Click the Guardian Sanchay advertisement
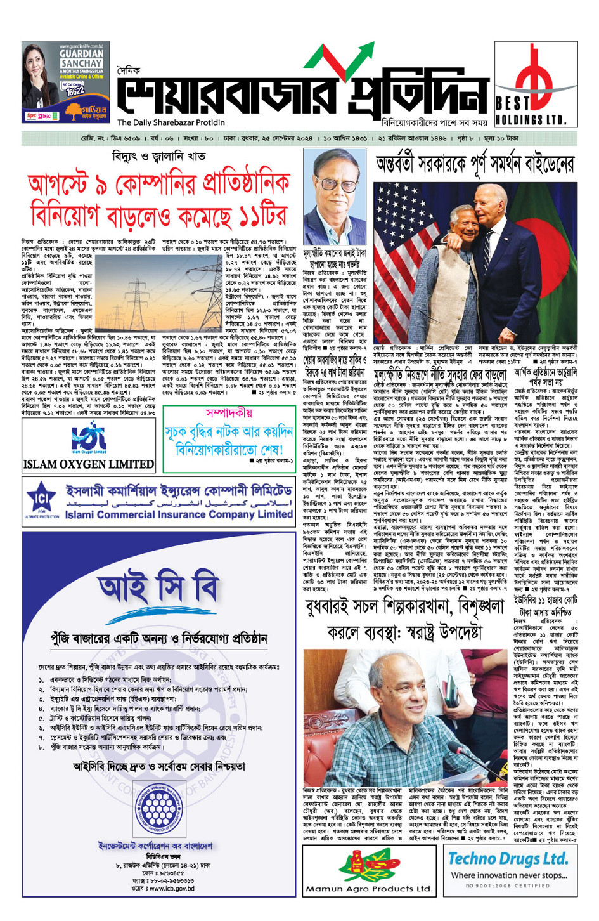pyautogui.click(x=64, y=82)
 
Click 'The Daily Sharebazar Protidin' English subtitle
pyautogui.click(x=171, y=122)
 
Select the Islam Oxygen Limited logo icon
pyautogui.click(x=89, y=438)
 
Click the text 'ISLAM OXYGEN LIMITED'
pyautogui.click(x=89, y=464)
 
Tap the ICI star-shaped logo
pyautogui.click(x=41, y=500)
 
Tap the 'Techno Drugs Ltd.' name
pyautogui.click(x=508, y=859)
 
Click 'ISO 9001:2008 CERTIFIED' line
pyautogui.click(x=508, y=886)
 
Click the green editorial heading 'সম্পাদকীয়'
pyautogui.click(x=229, y=413)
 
